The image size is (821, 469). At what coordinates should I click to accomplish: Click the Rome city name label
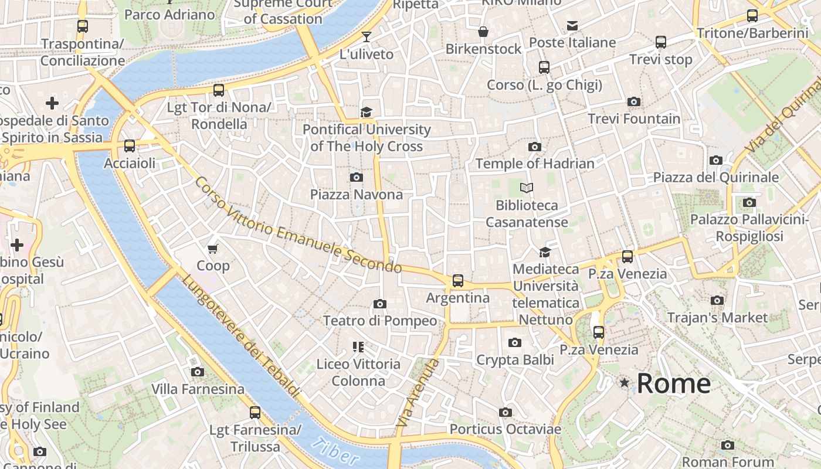click(673, 384)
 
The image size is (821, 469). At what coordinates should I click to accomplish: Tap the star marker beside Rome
click(625, 383)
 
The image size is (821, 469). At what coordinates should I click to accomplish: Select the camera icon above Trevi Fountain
click(633, 102)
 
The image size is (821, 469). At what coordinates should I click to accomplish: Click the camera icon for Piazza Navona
click(356, 177)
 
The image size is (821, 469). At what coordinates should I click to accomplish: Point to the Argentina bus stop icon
click(458, 281)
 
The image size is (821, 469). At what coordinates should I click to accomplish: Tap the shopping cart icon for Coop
click(213, 249)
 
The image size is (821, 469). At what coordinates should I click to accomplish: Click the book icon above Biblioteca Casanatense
click(527, 188)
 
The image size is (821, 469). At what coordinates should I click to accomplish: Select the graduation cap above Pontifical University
click(367, 112)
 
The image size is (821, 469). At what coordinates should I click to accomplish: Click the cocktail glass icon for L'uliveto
click(367, 37)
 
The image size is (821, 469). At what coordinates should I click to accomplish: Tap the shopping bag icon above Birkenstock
click(483, 32)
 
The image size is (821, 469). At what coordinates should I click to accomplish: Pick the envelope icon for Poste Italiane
click(572, 26)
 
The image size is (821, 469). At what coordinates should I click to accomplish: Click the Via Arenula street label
click(418, 393)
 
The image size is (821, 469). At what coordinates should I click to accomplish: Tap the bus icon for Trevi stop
click(661, 42)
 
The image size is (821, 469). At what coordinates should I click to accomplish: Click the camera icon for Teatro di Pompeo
click(380, 304)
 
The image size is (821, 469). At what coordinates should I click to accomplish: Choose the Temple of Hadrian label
click(535, 164)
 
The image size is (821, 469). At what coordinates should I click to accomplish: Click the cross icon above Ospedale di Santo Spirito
click(52, 103)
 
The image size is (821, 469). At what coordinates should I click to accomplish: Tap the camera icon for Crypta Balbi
click(515, 342)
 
